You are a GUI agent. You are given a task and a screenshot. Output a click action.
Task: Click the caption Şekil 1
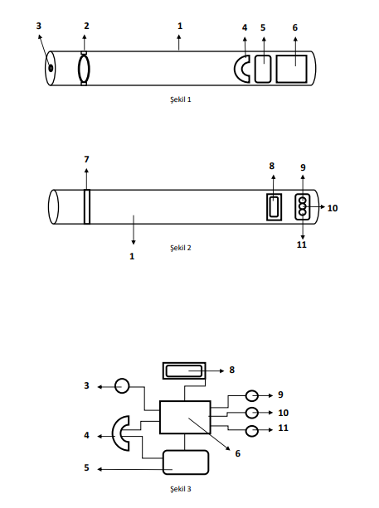[x=181, y=99]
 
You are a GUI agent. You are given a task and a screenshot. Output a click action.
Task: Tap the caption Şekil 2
[x=181, y=248]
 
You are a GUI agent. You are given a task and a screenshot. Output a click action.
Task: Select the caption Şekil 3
[x=181, y=489]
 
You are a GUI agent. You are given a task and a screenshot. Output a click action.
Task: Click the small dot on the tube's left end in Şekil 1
[x=51, y=68]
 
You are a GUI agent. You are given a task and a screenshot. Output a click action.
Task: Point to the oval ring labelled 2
[x=79, y=69]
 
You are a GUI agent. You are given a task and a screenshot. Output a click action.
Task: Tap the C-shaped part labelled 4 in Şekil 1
[x=236, y=69]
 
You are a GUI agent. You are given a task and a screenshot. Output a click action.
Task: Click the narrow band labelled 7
[x=87, y=206]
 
